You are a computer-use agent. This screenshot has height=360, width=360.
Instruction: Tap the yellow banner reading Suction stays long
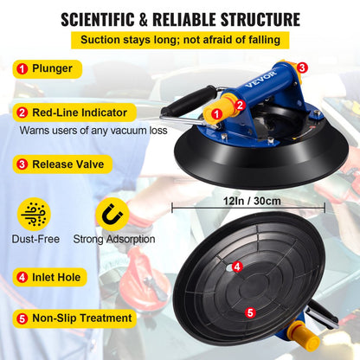coord(180,40)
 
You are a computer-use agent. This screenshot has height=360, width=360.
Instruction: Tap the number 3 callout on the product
coord(301,67)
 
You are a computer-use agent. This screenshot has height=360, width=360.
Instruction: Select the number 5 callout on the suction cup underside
coord(250,312)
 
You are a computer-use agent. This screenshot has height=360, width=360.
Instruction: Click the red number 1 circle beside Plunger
coord(21,68)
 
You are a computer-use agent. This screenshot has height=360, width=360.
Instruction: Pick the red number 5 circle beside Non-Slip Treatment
coord(21,318)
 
